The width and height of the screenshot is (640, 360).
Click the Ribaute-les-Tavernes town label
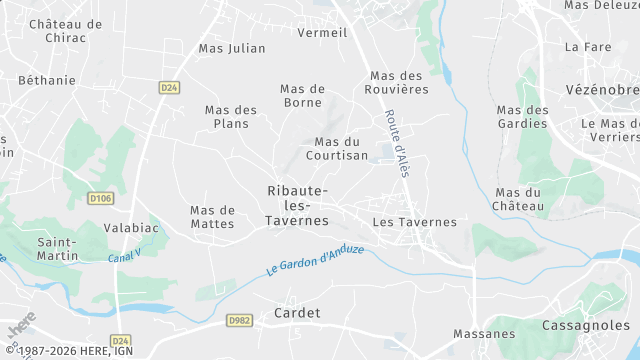pyautogui.click(x=298, y=205)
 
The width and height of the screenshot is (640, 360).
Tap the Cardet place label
pyautogui.click(x=297, y=313)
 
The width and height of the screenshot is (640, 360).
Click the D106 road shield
pyautogui.click(x=99, y=198)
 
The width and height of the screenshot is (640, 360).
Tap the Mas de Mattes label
pyautogui.click(x=212, y=217)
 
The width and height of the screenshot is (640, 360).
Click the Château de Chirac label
pyautogui.click(x=65, y=31)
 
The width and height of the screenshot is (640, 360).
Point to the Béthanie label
pyautogui.click(x=47, y=79)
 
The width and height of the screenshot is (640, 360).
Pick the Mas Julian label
pyautogui.click(x=232, y=47)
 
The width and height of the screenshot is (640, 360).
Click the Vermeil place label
pyautogui.click(x=322, y=32)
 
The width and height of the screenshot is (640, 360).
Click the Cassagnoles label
pyautogui.click(x=585, y=326)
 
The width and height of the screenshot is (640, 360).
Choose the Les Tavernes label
pyautogui.click(x=413, y=222)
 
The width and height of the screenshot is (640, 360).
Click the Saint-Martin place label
pyautogui.click(x=58, y=249)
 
